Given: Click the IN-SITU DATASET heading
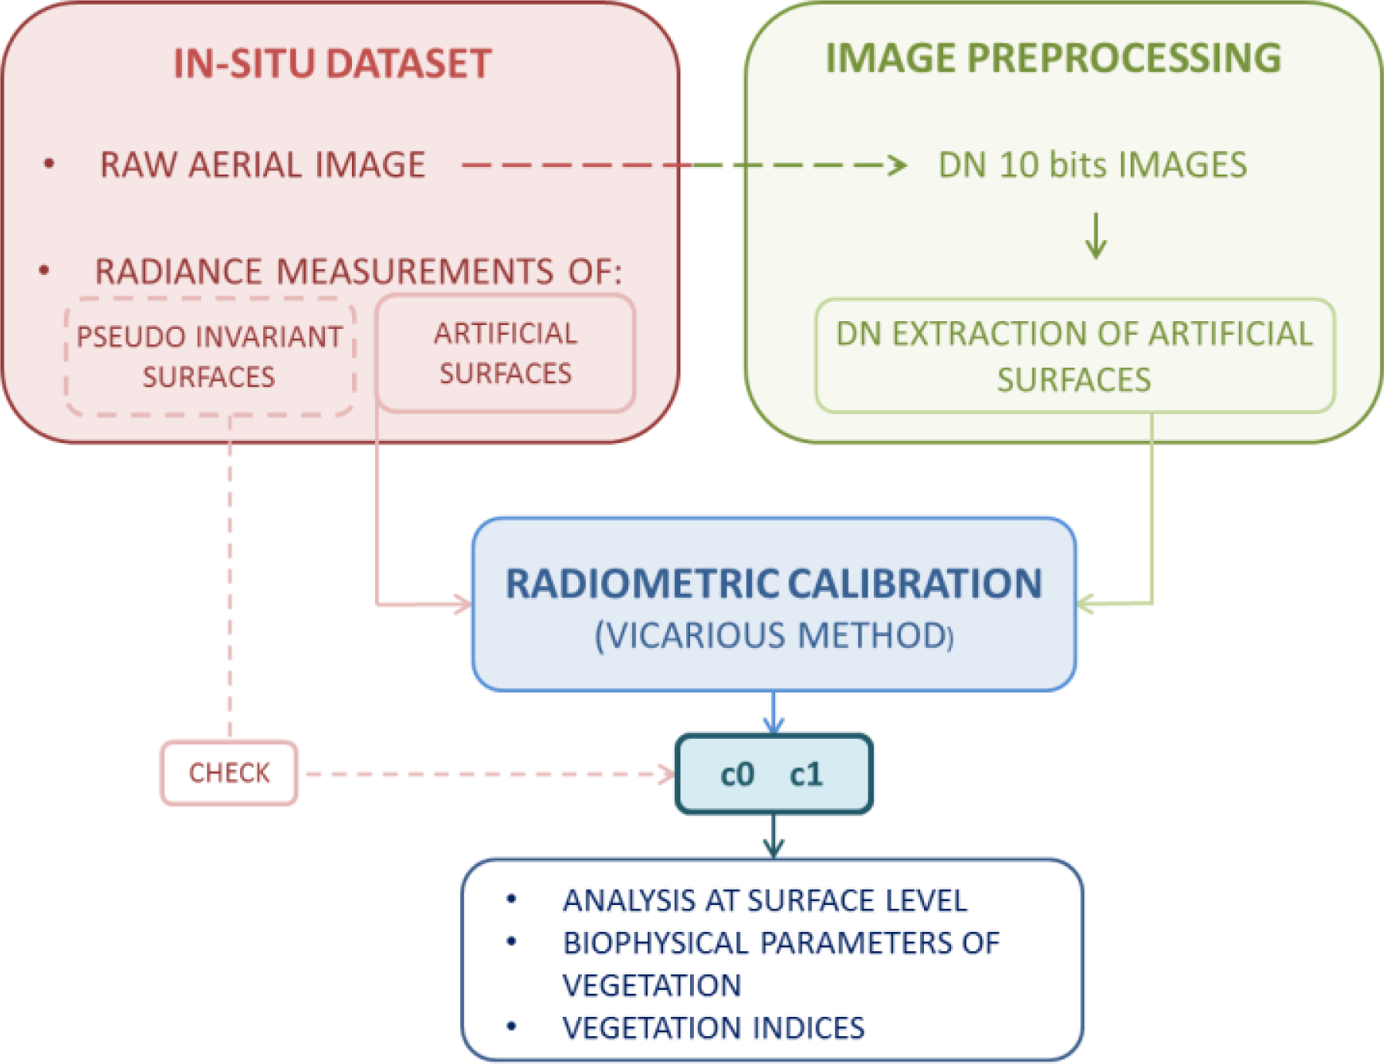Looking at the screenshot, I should coord(332,63).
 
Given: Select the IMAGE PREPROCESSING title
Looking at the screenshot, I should coord(1053,58).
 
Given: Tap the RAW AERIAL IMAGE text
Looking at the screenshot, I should coord(262,165).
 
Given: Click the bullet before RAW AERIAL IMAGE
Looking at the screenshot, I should coord(49,164).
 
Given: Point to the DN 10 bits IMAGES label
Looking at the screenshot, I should coord(1092,165).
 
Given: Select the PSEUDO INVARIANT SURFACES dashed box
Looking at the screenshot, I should coord(209,357).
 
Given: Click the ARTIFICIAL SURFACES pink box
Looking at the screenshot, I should coord(506,354).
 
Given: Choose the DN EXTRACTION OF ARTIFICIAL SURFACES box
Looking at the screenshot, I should coord(1074,356).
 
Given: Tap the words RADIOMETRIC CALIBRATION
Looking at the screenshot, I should coord(773,584).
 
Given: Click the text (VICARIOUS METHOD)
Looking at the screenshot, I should coord(773,635).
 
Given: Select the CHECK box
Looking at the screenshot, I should coord(229,773).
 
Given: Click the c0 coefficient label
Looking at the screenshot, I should coord(736,774).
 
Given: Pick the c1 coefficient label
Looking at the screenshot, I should coord(806,774).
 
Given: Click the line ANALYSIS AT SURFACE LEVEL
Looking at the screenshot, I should coord(764,900).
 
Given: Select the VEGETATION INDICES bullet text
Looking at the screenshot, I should coord(713,1028).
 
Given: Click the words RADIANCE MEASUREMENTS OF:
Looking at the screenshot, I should coord(358,272).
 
